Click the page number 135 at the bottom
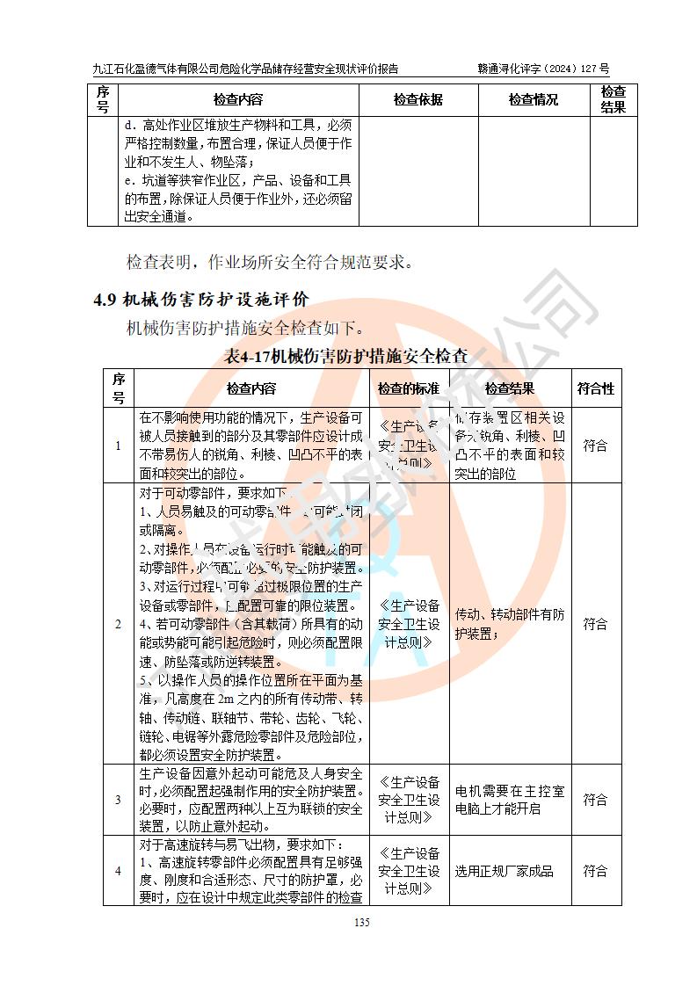click(360, 922)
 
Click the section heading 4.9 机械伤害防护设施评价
click(201, 300)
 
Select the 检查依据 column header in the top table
click(417, 99)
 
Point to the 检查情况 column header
click(533, 99)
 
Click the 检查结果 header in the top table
click(613, 99)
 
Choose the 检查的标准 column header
click(409, 388)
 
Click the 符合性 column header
click(595, 388)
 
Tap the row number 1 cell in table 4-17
click(119, 446)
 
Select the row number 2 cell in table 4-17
click(119, 624)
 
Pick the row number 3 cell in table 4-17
click(119, 800)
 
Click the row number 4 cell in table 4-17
click(119, 871)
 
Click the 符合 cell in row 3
click(595, 800)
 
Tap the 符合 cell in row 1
click(595, 446)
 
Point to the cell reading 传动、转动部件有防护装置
click(510, 624)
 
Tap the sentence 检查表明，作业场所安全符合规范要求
click(269, 262)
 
